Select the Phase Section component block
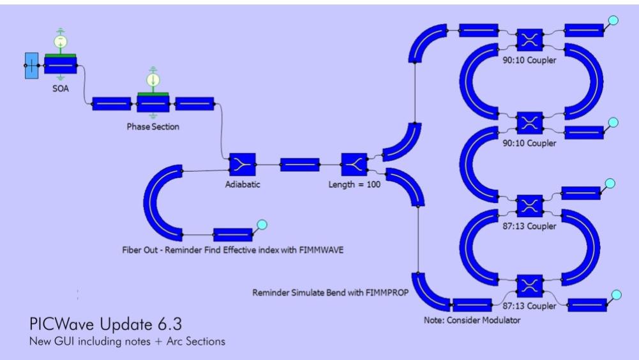click(x=153, y=104)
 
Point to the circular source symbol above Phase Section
click(x=153, y=80)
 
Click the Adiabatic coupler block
click(x=242, y=164)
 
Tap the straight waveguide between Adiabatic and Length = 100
click(x=299, y=164)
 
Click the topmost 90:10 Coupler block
click(x=529, y=39)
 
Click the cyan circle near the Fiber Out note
click(x=262, y=224)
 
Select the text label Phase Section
click(x=153, y=126)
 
